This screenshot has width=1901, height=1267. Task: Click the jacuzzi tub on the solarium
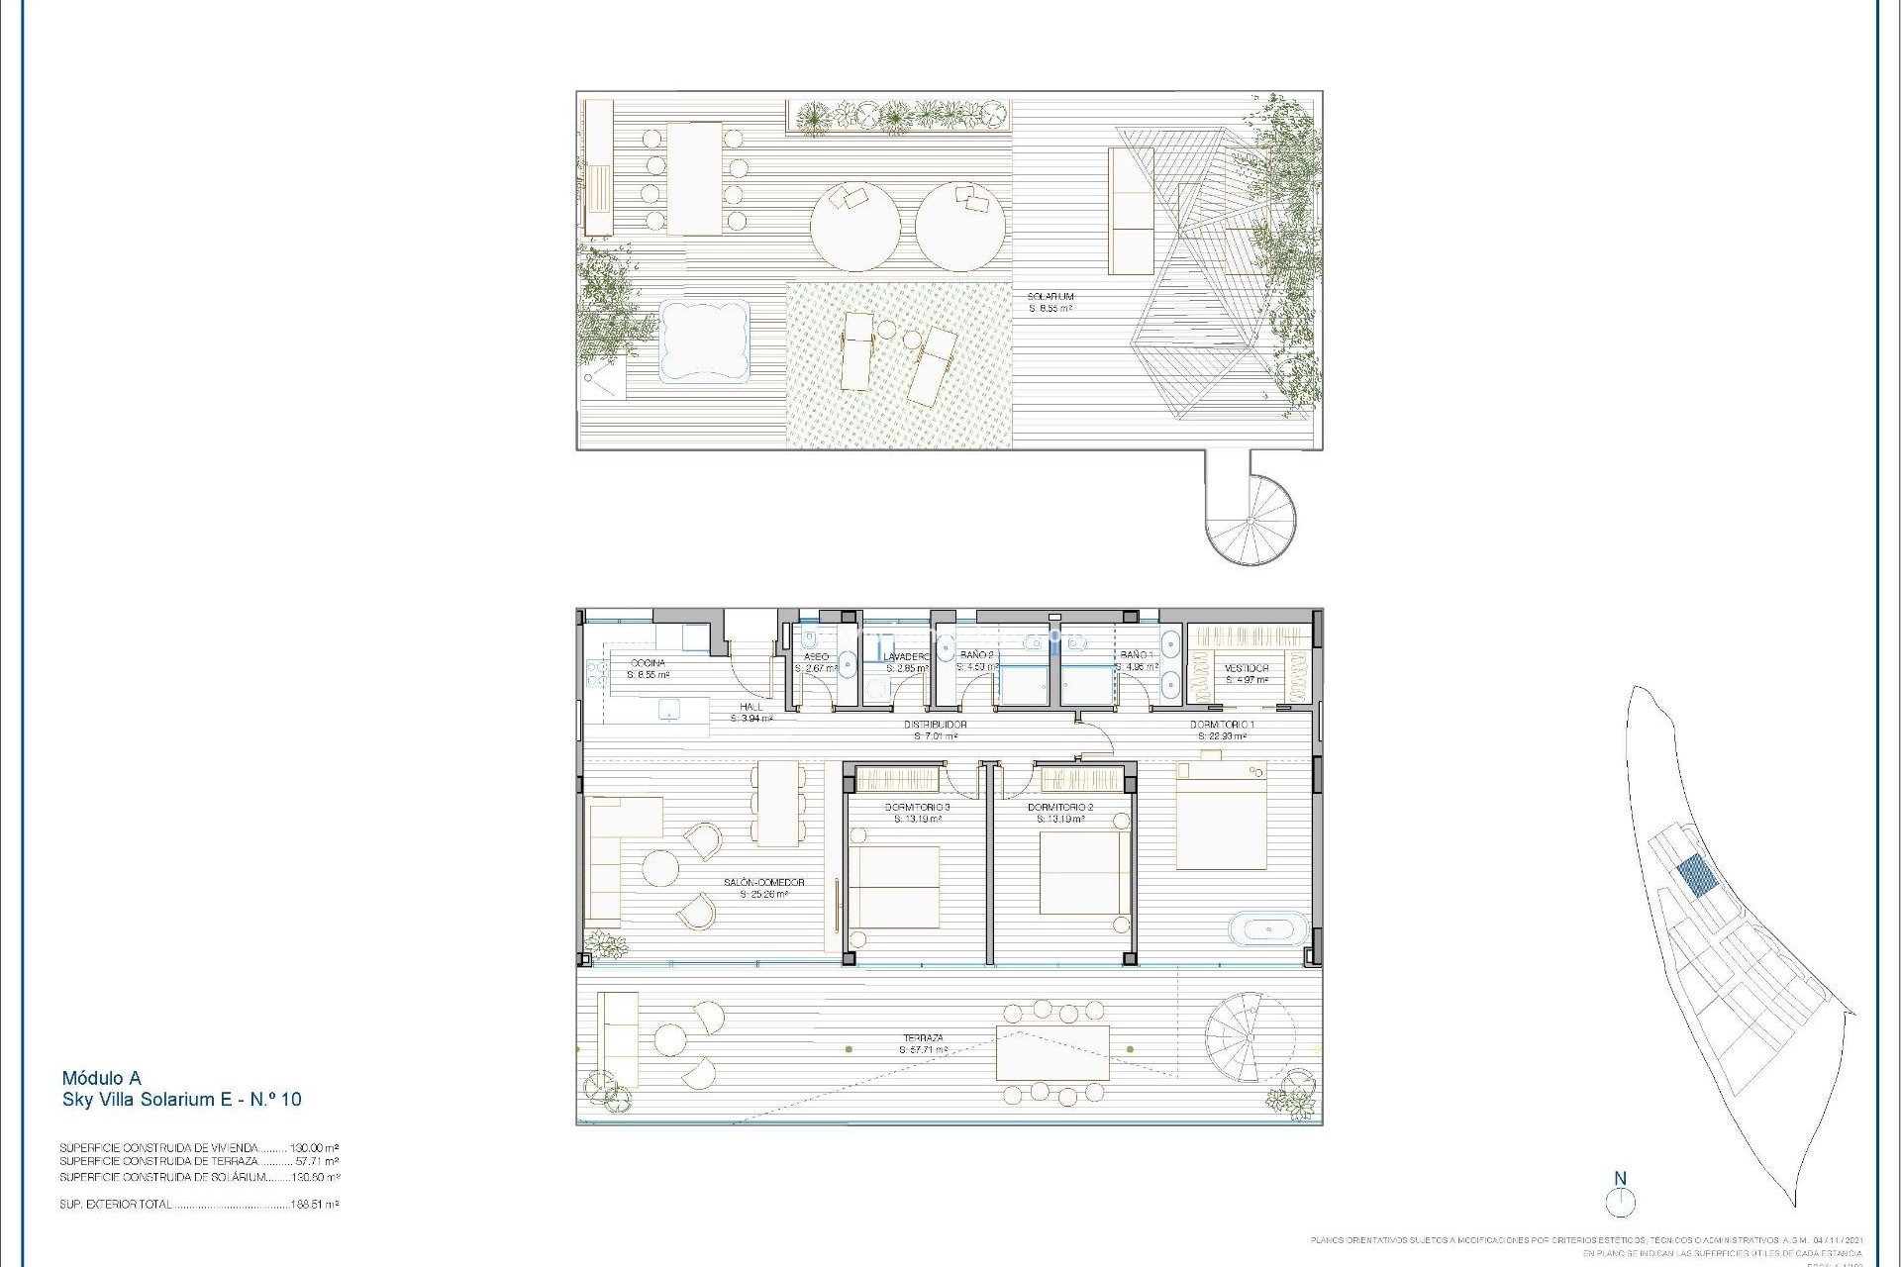point(703,341)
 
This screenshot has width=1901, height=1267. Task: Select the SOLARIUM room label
point(1050,297)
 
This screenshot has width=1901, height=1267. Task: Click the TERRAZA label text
point(922,1038)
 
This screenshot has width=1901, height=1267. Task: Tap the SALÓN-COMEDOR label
point(763,882)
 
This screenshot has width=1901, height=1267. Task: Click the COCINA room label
point(648,663)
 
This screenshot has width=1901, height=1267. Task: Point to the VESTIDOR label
point(1246,668)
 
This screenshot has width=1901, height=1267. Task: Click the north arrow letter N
point(1621,1178)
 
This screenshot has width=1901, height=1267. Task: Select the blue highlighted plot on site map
point(1697,876)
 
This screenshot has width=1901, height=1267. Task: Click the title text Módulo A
point(101,1078)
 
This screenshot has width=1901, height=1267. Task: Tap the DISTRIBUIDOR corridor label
point(935,725)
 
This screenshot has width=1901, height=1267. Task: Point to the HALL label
point(750,707)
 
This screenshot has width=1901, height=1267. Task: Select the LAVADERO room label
point(907,656)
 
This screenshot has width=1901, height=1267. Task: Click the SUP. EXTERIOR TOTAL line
point(198,1205)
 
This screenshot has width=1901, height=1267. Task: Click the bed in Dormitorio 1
point(1220,820)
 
